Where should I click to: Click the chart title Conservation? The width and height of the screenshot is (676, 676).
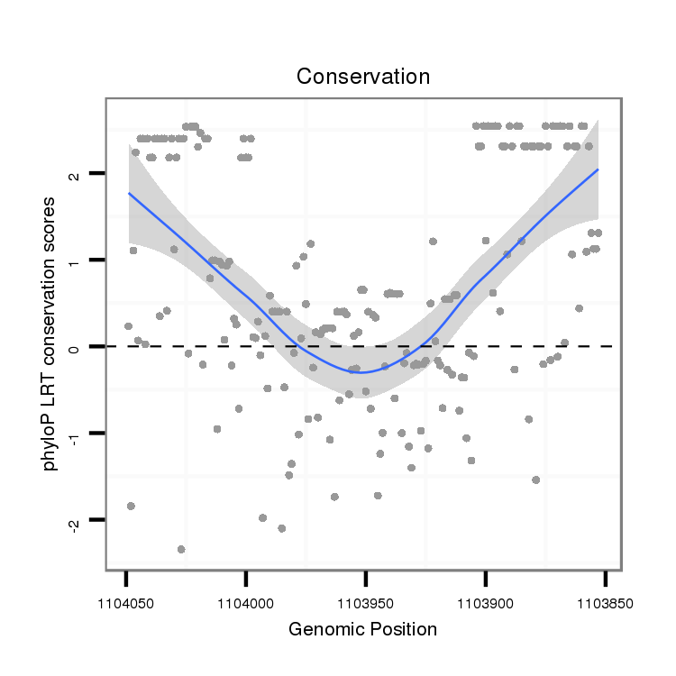coord(363,77)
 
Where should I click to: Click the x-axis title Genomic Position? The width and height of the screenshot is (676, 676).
coord(362,629)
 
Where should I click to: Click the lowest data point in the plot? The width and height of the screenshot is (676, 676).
coord(181,549)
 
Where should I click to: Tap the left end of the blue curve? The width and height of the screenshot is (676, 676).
coord(129,193)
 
